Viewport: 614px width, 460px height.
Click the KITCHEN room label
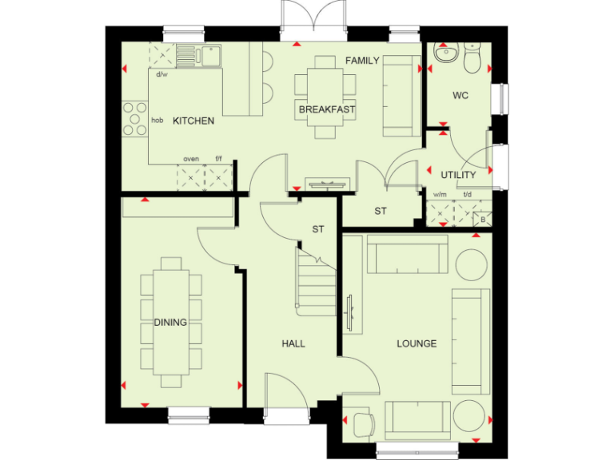coord(193,121)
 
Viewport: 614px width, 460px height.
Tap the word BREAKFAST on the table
coord(327,109)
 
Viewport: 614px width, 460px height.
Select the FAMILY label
coord(362,61)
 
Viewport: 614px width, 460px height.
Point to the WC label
coord(460,96)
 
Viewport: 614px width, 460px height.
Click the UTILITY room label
coord(458,175)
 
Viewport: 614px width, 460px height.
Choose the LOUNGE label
coord(417,344)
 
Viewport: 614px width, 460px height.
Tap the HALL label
coord(293,344)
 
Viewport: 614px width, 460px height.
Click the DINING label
coord(170,323)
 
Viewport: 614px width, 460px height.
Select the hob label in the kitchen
coord(157,121)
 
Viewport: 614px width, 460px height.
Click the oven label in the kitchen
coord(191,159)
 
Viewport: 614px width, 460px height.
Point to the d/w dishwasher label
coord(161,75)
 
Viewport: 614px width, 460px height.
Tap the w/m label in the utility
coord(440,194)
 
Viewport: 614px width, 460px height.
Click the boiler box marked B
coord(482,220)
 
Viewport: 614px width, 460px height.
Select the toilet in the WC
coord(472,57)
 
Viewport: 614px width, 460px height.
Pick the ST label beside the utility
coord(381,212)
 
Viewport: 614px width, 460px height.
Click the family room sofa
coord(397,97)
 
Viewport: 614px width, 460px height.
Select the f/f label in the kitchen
coord(218,159)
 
